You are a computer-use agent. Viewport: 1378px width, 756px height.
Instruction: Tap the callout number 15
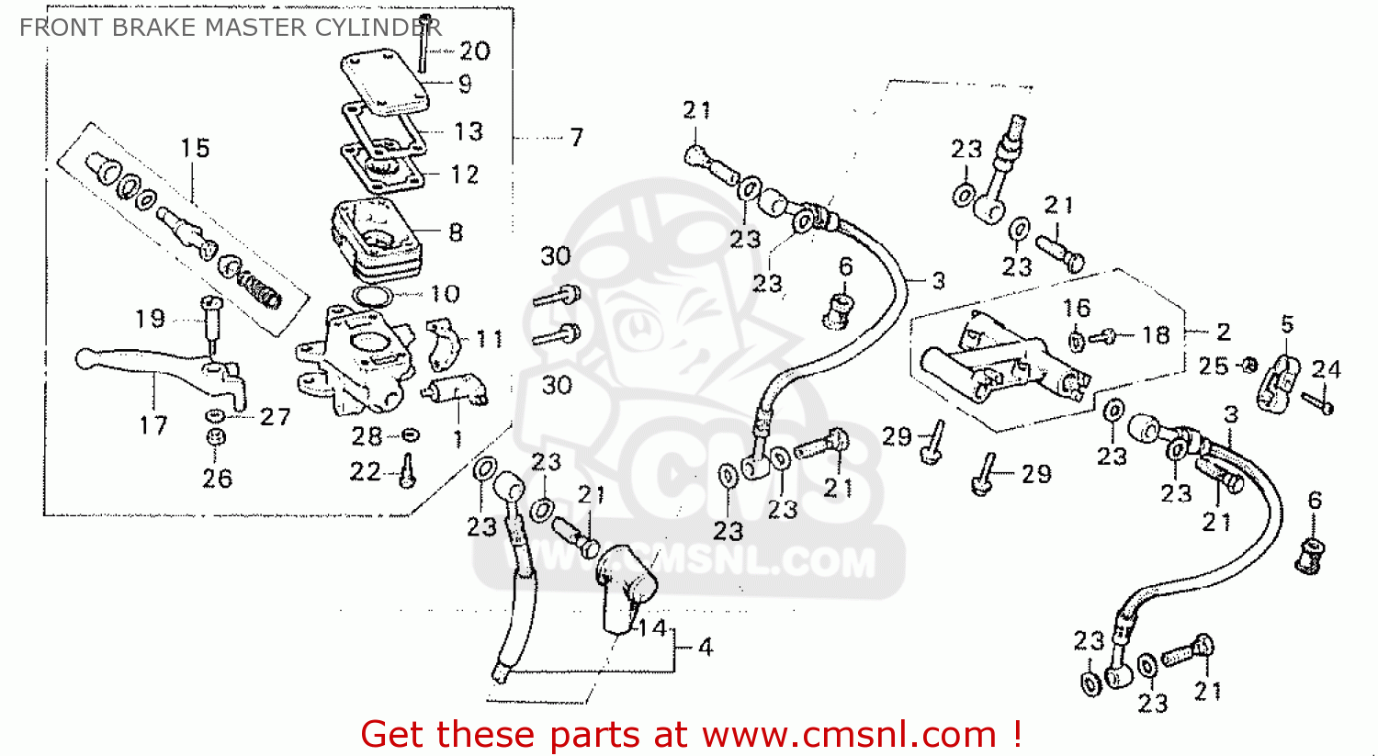coord(195,148)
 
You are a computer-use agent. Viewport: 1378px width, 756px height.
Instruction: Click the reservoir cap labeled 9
coord(385,83)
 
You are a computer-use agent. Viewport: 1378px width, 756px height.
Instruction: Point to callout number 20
coord(475,51)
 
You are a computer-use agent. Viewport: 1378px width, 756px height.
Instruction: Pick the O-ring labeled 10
coord(373,296)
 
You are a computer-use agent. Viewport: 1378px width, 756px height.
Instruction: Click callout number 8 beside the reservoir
coord(456,233)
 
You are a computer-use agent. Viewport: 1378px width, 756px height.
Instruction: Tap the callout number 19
coord(150,319)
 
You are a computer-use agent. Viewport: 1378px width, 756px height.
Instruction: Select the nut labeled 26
coord(215,437)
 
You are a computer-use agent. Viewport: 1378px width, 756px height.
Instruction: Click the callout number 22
coord(366,472)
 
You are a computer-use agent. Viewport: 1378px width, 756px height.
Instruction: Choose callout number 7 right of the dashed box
coord(576,137)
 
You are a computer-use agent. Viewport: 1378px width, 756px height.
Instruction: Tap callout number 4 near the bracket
coord(706,647)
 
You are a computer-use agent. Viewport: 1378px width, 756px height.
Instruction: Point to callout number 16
coord(1077,308)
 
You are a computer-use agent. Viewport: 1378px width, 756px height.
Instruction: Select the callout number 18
coord(1156,335)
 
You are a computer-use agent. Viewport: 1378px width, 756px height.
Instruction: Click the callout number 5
coord(1288,325)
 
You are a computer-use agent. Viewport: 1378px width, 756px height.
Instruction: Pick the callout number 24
coord(1326,369)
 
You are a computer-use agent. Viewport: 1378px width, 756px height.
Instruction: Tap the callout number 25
coord(1214,367)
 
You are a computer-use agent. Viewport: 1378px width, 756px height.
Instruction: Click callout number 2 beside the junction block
coord(1224,333)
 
